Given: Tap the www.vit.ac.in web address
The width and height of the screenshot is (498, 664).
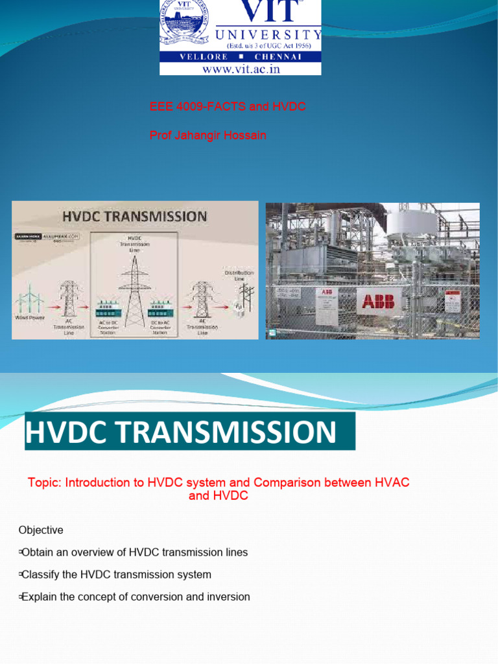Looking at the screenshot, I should (x=241, y=69).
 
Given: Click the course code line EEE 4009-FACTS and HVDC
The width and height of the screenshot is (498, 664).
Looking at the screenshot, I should (x=228, y=107).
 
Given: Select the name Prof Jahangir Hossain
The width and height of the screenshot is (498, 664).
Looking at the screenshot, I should (x=207, y=135).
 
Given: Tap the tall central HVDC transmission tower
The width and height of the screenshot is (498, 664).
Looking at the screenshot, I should (x=134, y=292).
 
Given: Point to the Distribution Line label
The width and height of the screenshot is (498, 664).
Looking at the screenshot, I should (x=239, y=276).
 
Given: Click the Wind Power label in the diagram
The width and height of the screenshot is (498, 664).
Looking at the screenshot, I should (x=29, y=318).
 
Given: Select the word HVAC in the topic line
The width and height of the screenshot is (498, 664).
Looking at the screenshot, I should (x=392, y=483).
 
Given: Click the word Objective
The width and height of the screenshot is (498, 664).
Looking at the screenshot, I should (x=41, y=530).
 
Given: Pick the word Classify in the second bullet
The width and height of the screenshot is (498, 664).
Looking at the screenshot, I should (x=41, y=575).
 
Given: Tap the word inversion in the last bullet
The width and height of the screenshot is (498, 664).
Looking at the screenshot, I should (x=227, y=597).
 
